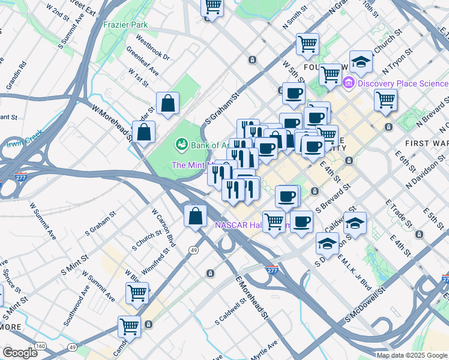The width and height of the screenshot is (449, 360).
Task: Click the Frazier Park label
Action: click(125, 25)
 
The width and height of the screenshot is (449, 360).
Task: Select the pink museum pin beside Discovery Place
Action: click(348, 82)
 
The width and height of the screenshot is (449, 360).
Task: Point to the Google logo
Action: click(20, 353)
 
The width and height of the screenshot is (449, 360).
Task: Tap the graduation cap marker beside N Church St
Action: click(361, 63)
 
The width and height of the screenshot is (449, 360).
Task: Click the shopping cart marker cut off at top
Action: click(212, 8)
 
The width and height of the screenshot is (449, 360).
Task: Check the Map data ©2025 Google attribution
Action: click(412, 355)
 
